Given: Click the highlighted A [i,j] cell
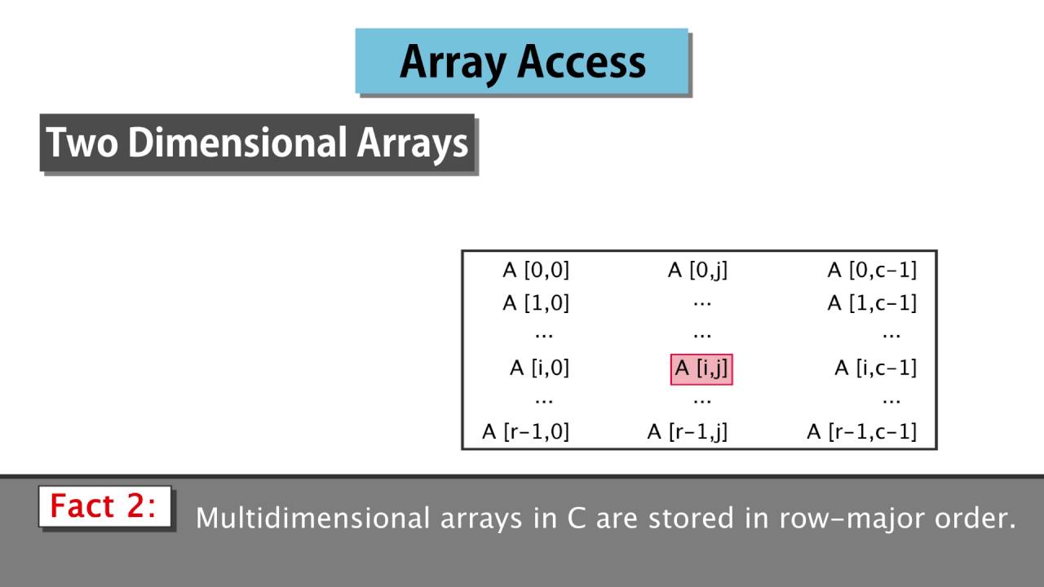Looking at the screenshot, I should coord(701,369).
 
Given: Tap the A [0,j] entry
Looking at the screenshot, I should coord(697,270).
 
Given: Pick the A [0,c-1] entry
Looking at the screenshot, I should coord(872,270).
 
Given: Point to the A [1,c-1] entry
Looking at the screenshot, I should coord(872,303).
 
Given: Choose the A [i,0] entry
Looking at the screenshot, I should coord(539,369).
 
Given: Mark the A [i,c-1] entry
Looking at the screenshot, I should coord(875,369).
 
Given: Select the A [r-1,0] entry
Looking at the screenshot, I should coord(525,431).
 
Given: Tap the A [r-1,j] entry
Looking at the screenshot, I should coord(687,431).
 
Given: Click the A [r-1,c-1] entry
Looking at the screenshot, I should coord(861,431).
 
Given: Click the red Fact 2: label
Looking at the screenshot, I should coord(103,506).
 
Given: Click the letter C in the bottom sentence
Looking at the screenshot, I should coord(576,519).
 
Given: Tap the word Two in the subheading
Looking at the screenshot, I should coord(82,143).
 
